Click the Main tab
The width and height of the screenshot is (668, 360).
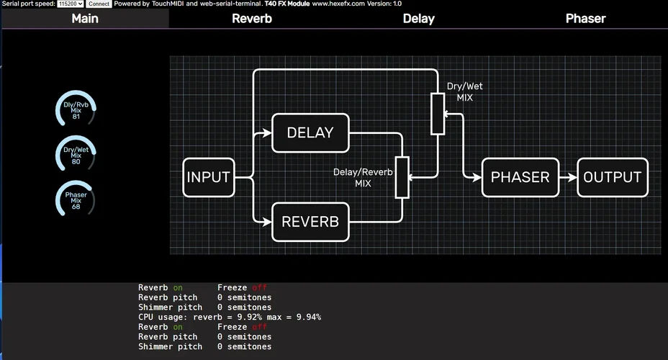coord(85,19)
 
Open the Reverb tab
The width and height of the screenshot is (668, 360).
coord(252,19)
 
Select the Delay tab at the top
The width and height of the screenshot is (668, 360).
coord(418,19)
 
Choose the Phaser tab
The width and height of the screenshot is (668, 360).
coord(585,19)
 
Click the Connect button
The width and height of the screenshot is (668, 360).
coord(99,4)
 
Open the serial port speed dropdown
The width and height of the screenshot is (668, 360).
coord(71,4)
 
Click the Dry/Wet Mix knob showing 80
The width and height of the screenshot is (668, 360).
coord(76,153)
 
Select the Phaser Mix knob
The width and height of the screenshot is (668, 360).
coord(76,197)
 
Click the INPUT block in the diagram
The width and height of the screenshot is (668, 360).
coord(209,177)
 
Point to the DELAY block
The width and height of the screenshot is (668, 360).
coord(310,132)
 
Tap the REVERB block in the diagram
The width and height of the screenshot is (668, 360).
coord(310,222)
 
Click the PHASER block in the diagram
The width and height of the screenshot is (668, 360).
coord(520,177)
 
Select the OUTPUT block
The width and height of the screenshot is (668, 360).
coord(612,177)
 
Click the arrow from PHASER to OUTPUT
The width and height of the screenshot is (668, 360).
coord(568,177)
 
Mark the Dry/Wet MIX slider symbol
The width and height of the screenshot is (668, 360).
coord(438,114)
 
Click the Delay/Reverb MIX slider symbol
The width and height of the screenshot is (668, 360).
coord(402,177)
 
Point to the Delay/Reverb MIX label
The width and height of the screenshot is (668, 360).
coord(363,177)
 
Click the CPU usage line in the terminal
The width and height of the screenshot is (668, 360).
coord(230,317)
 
